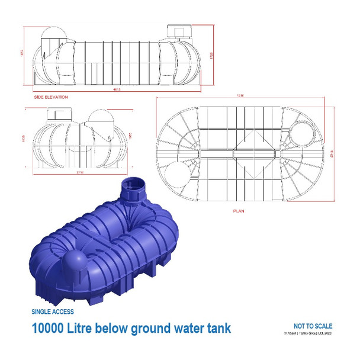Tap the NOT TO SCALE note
(x=313, y=326)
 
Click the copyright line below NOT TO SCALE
(x=308, y=333)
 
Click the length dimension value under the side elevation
(x=117, y=90)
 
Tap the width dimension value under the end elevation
(x=81, y=172)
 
